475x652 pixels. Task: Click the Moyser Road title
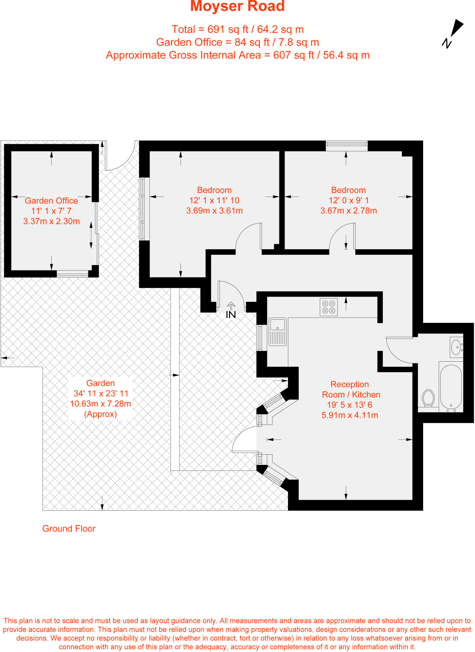coord(237,6)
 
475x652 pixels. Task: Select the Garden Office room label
coord(52,201)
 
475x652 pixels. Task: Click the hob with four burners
coord(329,307)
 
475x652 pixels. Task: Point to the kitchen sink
coord(278,332)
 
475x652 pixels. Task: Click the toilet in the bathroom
coord(428,398)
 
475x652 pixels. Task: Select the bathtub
coord(451,387)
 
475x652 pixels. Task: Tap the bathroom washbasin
coord(457,347)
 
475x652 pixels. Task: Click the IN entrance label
coord(231,315)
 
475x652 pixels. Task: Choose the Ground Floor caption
coord(69,528)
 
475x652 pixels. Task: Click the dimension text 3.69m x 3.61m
coord(214,211)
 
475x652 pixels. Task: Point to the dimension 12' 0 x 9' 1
coord(349,201)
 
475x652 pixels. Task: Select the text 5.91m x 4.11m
coord(350,415)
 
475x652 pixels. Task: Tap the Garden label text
coord(101,383)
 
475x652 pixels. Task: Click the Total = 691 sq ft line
coord(238,29)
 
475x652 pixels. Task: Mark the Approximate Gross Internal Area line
coord(238,55)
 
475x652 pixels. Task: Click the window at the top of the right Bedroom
coord(347,146)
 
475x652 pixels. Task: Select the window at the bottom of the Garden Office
coord(73,274)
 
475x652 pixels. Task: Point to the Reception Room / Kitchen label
coord(351,389)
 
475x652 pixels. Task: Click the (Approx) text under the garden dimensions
coord(101,414)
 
